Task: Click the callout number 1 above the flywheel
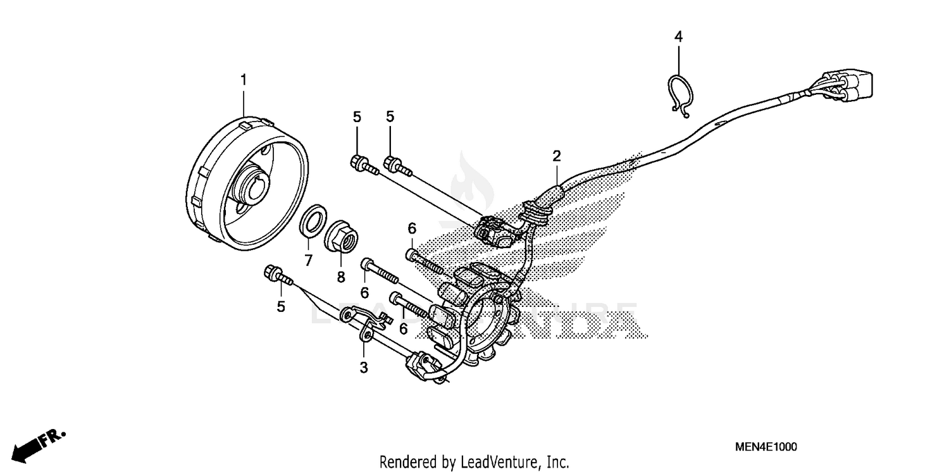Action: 243,80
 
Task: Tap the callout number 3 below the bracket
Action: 364,366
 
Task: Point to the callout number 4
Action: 678,37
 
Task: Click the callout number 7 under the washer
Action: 308,259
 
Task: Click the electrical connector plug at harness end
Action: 851,88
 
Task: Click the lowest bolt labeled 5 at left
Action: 276,275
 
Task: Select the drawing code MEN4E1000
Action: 766,447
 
